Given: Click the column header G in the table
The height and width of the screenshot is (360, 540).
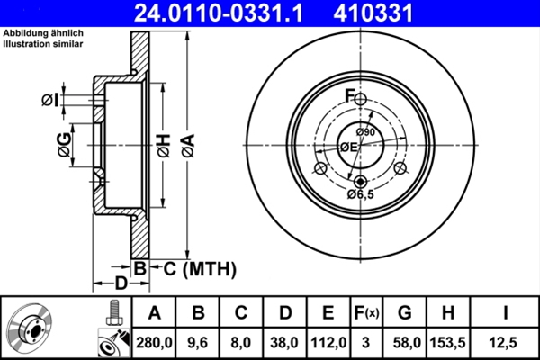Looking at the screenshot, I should (x=405, y=312).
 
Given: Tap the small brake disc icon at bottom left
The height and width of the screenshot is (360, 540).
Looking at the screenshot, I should (x=34, y=328).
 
